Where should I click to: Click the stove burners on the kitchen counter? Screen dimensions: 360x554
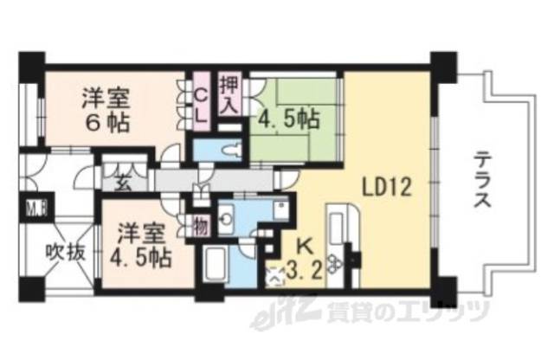tap(338, 258)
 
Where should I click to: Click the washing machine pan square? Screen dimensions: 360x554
tap(280, 210)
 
